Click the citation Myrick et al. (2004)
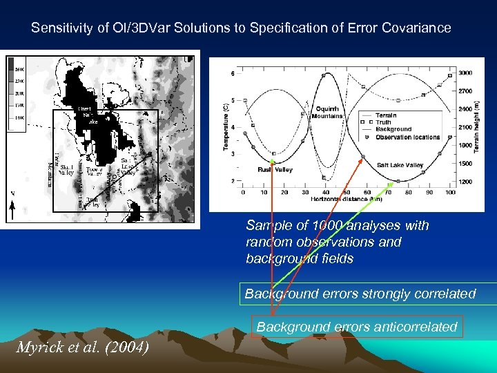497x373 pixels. pos(81,347)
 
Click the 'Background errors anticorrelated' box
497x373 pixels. pos(357,327)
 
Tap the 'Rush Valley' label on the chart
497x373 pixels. pos(275,169)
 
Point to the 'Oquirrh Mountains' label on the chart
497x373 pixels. pos(329,112)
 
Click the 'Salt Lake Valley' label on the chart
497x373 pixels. pos(400,166)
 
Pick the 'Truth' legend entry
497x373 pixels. pos(383,122)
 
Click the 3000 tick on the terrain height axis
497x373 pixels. pos(466,73)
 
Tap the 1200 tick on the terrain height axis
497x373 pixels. pos(466,182)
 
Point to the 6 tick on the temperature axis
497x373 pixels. pos(232,73)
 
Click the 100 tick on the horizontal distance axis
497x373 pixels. pos(450,193)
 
